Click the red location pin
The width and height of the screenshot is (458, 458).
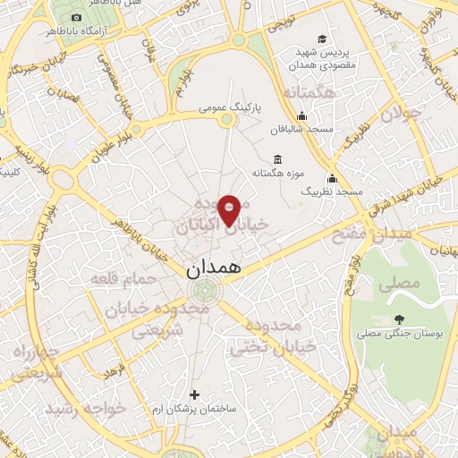tap(229, 208)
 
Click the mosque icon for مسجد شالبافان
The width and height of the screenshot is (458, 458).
tap(302, 115)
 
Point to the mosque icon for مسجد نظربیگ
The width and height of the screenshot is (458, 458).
tap(332, 177)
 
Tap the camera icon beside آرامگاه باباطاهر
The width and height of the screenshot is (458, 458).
tap(75, 18)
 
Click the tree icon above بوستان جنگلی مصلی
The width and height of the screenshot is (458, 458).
tap(398, 319)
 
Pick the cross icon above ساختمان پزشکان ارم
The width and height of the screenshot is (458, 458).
tap(194, 394)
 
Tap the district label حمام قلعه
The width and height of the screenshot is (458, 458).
tap(124, 279)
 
